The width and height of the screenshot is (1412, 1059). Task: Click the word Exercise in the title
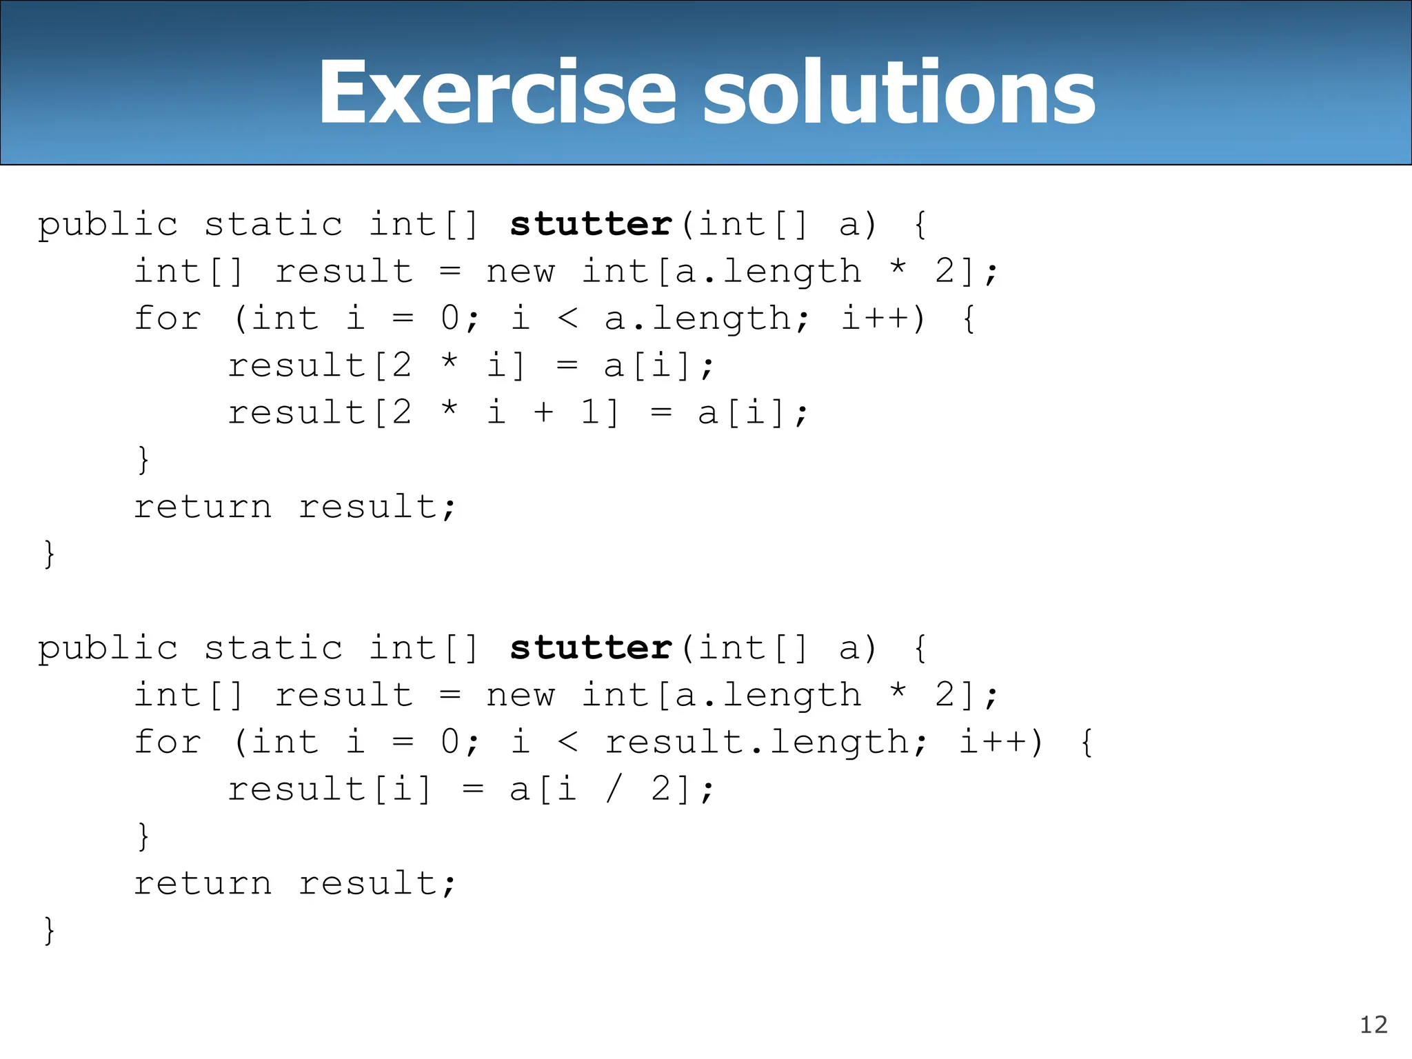496,93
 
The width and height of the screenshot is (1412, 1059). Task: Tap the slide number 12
1373,1025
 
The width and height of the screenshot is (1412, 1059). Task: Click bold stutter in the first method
591,225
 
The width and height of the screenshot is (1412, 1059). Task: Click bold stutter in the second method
591,648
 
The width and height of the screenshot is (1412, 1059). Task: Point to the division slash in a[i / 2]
613,789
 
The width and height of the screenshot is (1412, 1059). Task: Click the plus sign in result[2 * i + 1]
543,413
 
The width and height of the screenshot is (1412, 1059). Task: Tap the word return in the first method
203,507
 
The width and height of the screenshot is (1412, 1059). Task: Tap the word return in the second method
203,884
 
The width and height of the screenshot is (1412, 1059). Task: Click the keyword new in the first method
520,272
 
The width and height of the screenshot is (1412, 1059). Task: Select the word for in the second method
168,743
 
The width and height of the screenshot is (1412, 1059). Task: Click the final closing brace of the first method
49,554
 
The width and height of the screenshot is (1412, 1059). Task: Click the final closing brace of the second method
49,931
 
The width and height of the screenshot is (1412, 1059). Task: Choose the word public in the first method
108,225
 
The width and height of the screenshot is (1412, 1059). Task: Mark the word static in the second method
273,648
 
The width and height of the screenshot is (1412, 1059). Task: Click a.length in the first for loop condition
707,319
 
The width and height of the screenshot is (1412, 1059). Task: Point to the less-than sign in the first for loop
567,319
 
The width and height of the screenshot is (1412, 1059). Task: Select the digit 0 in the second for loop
450,743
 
